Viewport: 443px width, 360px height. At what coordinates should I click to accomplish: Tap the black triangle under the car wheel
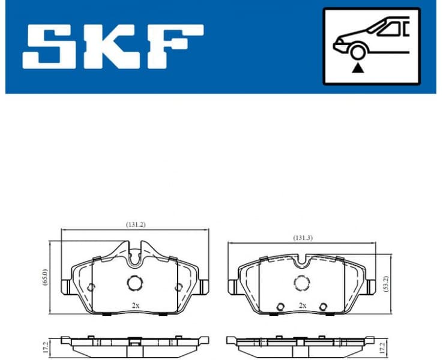coord(359,68)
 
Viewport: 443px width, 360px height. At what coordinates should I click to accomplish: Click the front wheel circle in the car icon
coord(359,52)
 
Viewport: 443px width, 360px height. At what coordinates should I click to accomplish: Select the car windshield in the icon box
coord(385,28)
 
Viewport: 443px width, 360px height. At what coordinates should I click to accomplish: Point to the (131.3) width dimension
coord(302,238)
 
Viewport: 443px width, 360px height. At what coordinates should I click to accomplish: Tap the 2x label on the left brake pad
coord(136,305)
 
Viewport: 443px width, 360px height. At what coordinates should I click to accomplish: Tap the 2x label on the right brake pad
coord(303,305)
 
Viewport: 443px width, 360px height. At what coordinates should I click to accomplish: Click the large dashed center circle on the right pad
coord(301,282)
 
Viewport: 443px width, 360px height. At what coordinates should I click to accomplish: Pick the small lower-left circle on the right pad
coord(280,307)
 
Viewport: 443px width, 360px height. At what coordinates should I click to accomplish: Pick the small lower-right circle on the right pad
coord(323,307)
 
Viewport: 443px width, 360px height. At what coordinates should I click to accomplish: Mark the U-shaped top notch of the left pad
coord(135,257)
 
